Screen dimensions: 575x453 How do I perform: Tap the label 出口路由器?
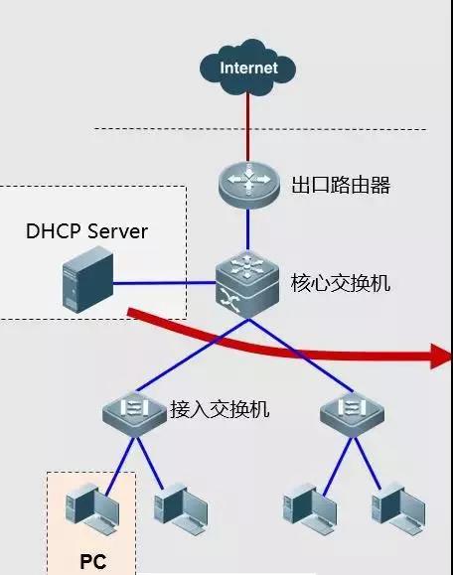click(x=341, y=185)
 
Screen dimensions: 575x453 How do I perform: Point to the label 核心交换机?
click(x=341, y=283)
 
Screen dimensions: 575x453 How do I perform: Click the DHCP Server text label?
click(x=86, y=231)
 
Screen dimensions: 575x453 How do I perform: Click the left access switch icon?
click(x=133, y=409)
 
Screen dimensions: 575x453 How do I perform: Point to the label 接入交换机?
click(x=220, y=409)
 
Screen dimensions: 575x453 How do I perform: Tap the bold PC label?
click(x=92, y=561)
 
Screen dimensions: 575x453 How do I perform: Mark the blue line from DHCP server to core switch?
click(x=164, y=283)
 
